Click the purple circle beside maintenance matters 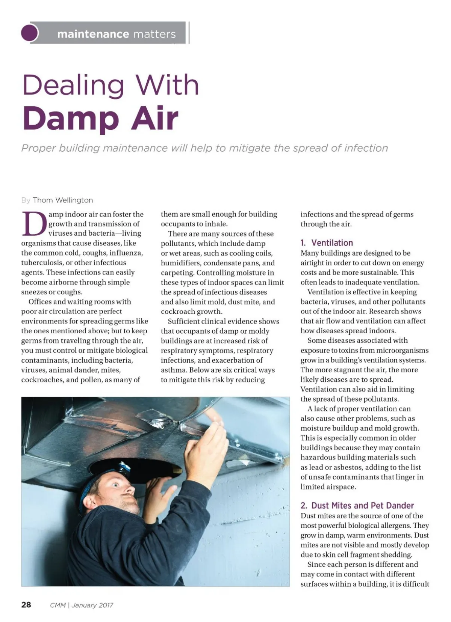30,33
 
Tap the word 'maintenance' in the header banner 93,34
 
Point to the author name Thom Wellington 63,200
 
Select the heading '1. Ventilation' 327,243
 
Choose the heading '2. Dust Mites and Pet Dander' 357,505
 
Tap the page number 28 26,605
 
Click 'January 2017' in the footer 92,605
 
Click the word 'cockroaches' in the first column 42,380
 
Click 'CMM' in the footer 58,605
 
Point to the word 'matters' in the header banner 154,34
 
